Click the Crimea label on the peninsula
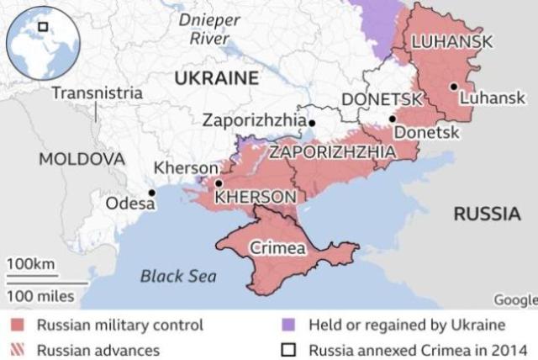coord(277,248)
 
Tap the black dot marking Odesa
coord(152,193)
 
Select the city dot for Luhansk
coord(453,86)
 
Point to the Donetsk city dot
coord(393,119)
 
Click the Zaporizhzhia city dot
coord(312,123)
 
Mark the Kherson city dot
coord(219,183)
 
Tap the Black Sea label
coord(177,276)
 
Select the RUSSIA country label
coord(487,214)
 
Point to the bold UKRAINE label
coord(216,78)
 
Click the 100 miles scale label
coord(41,295)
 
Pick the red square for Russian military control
coord(18,325)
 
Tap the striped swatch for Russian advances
coord(18,348)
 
